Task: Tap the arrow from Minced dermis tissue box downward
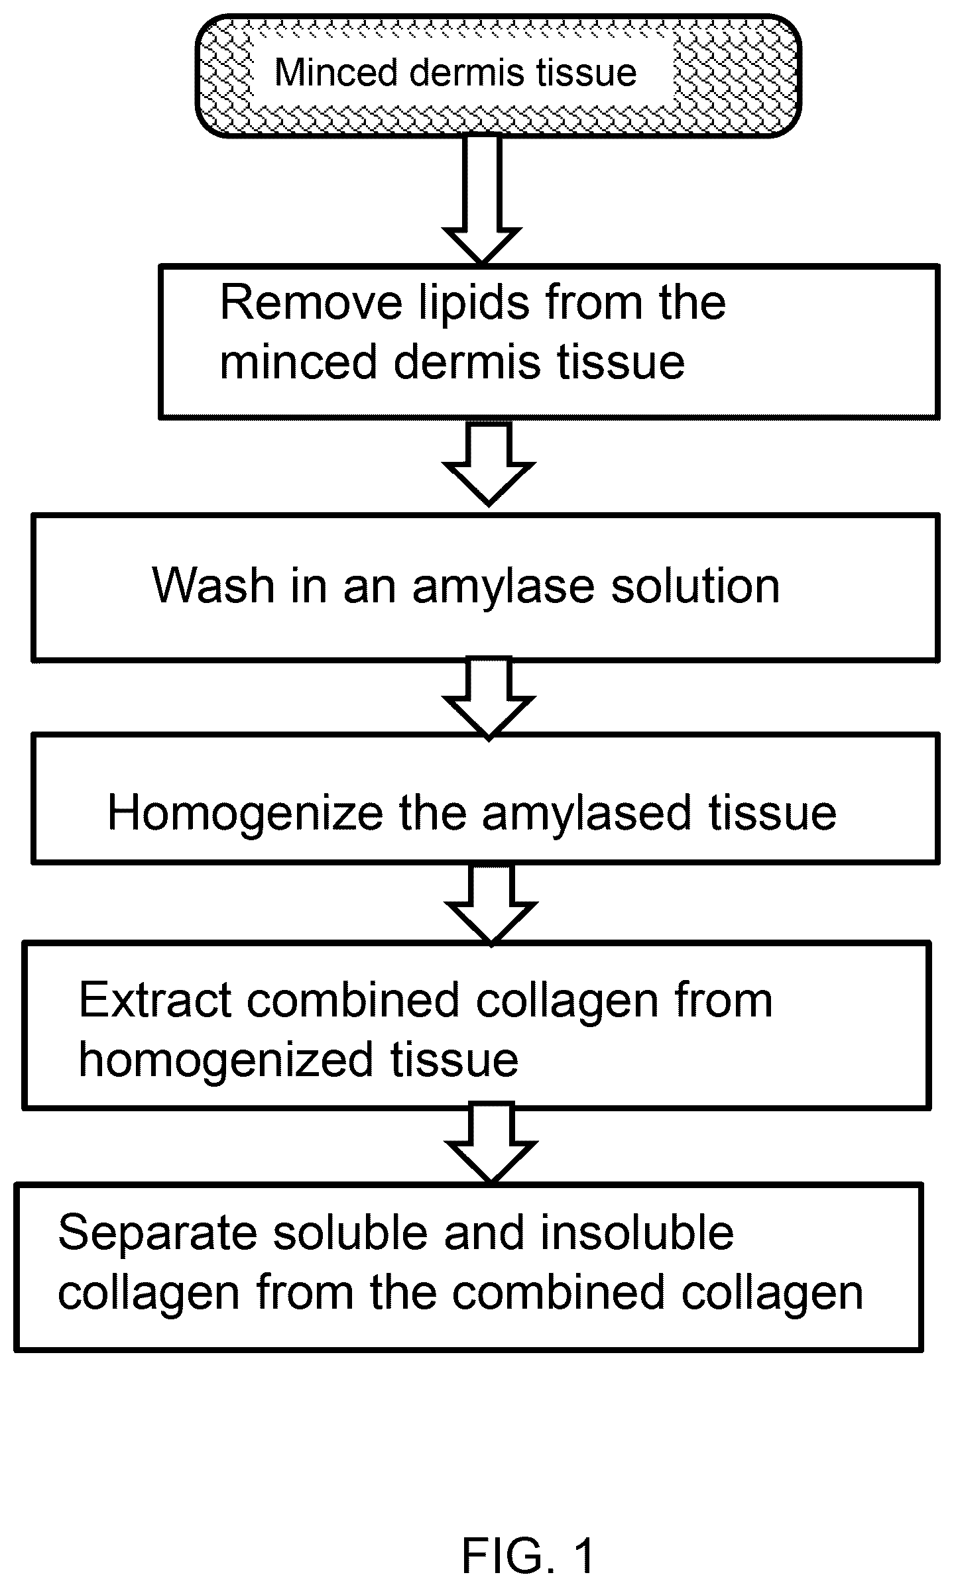click(482, 199)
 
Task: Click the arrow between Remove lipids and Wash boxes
click(489, 463)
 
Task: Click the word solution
click(695, 586)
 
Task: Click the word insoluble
click(637, 1233)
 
